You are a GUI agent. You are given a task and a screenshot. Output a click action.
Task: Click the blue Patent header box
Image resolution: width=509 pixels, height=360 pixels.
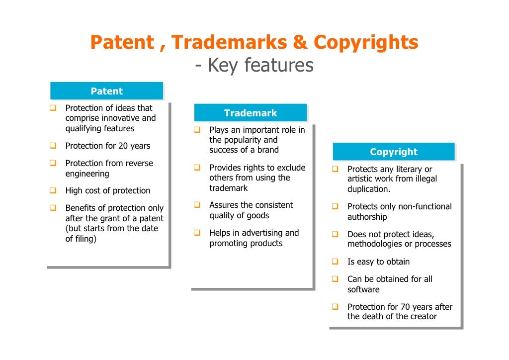coord(106,91)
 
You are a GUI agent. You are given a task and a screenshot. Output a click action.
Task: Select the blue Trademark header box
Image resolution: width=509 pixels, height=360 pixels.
coord(250,113)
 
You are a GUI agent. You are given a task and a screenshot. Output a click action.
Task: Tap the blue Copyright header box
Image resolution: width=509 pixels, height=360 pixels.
coord(393,152)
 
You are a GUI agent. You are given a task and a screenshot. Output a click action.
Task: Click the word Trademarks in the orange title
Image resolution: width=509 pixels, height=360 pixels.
coord(229,43)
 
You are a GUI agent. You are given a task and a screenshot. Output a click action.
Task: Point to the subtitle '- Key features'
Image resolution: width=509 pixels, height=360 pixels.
coord(254,65)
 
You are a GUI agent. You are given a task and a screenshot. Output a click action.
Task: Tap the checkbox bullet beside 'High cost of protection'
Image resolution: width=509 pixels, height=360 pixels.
coord(53,190)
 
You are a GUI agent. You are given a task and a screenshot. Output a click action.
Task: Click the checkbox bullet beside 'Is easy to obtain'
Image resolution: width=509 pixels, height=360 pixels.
coord(335,262)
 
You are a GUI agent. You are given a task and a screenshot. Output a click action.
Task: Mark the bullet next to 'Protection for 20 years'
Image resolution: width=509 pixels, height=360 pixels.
coord(53,146)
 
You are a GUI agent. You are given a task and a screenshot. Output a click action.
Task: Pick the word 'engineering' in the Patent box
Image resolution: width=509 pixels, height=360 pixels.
coord(87,174)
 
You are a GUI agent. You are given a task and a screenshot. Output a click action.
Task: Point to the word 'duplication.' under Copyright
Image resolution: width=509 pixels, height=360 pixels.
coord(369,189)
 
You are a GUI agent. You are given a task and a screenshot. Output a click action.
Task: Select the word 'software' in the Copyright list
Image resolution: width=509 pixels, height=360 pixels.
coord(363,289)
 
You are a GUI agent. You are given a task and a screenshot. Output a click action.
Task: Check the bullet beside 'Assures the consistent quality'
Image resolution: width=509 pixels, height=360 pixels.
coord(197,205)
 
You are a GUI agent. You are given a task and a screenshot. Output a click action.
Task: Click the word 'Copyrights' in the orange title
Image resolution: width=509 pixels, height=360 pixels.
coord(366,43)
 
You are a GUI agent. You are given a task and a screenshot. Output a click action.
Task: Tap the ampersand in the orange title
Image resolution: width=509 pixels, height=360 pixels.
coord(300,43)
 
